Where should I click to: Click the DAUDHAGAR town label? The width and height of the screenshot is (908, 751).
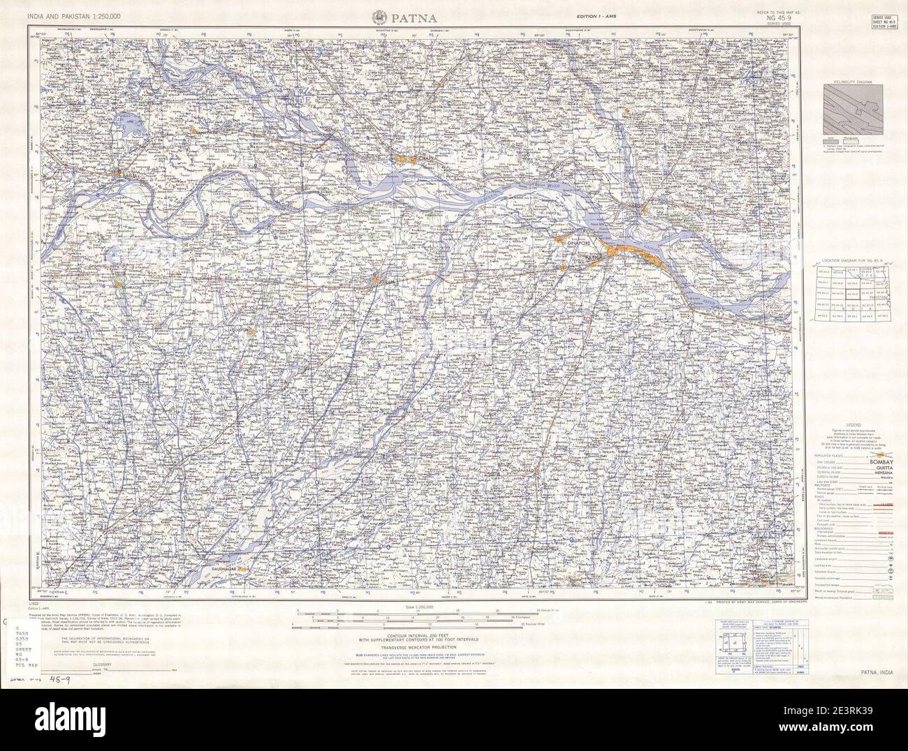pos(224,570)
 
